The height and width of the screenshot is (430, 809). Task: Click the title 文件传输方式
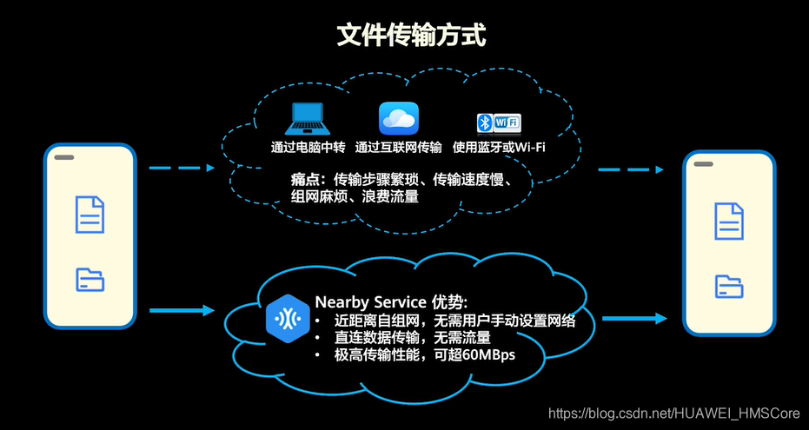[411, 36]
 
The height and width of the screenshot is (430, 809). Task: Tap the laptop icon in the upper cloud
[307, 118]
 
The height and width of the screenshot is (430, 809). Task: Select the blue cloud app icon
[399, 118]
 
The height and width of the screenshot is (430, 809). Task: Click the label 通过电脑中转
[307, 147]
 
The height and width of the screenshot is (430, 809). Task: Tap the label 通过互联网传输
[399, 147]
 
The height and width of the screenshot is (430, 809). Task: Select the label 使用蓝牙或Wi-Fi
[499, 147]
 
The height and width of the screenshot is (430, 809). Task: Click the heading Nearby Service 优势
[391, 302]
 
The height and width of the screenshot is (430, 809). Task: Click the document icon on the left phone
[90, 215]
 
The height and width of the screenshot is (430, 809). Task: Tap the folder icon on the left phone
[90, 279]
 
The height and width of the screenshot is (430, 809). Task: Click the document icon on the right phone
[729, 221]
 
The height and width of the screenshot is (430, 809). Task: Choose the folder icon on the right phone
[729, 286]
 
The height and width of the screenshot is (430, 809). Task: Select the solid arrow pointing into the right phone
[634, 318]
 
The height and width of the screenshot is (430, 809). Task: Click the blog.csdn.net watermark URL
[674, 413]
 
